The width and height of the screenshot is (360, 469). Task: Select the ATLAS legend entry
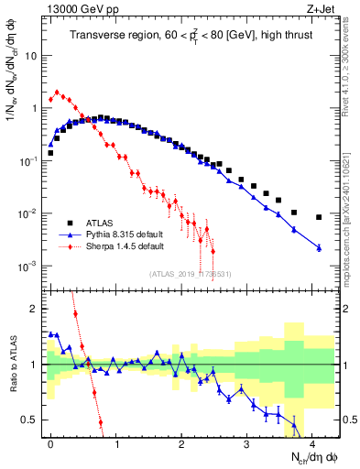[105, 223]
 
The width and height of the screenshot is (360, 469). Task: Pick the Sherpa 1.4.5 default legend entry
[125, 246]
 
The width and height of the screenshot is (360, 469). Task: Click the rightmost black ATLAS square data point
[318, 217]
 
